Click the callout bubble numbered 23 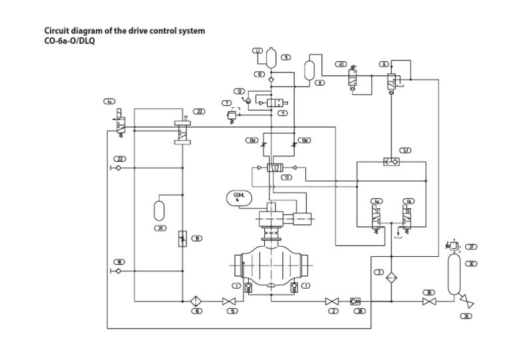(x=198, y=111)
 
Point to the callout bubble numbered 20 (x=160, y=228)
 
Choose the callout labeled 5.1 (x=406, y=151)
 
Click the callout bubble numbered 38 (x=359, y=311)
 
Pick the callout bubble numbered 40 (x=341, y=65)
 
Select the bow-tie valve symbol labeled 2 (x=332, y=301)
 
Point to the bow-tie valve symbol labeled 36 (x=430, y=301)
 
